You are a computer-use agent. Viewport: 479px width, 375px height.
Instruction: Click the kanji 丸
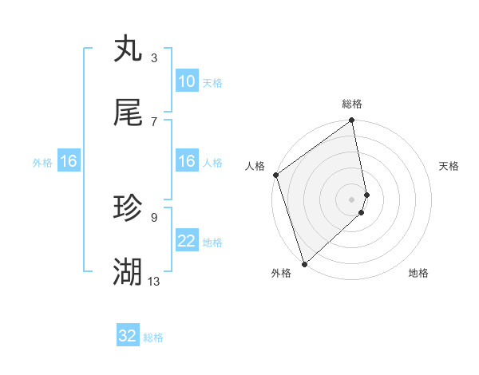click(129, 49)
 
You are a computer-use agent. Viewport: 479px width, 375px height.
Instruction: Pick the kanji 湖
click(129, 272)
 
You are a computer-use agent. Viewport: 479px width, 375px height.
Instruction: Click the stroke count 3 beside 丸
click(153, 58)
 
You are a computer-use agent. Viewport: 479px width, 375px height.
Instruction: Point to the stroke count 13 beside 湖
click(154, 282)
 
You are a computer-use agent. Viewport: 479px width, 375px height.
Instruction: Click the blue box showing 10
click(187, 81)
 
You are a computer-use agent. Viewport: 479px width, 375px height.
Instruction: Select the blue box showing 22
click(187, 241)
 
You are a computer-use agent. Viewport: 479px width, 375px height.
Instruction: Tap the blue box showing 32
click(128, 336)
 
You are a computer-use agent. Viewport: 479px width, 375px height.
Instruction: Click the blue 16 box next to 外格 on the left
click(69, 161)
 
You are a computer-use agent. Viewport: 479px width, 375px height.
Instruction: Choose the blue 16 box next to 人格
click(187, 161)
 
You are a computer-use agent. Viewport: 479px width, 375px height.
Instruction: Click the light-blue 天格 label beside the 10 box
click(212, 82)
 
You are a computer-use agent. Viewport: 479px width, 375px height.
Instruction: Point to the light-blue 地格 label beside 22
click(212, 242)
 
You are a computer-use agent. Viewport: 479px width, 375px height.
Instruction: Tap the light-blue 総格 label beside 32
click(153, 337)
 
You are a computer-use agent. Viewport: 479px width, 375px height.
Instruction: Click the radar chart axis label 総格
click(352, 104)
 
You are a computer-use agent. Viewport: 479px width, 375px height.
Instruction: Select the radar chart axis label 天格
click(449, 166)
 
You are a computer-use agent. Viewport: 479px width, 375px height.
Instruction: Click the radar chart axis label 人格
click(255, 166)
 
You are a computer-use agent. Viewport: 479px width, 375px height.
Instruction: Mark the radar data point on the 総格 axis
click(352, 121)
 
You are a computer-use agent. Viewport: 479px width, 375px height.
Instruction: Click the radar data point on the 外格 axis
click(303, 263)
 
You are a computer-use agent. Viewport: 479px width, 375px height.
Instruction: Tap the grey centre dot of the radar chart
click(352, 199)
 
